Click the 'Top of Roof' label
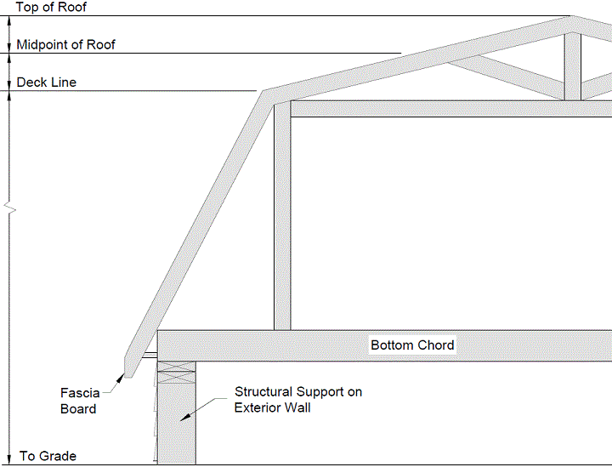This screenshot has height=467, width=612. coord(51,7)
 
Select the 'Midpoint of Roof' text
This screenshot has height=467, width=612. coord(65,44)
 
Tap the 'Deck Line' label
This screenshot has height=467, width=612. coord(47,83)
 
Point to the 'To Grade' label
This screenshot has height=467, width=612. coord(48,456)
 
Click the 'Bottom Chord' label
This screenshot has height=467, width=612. coord(412,345)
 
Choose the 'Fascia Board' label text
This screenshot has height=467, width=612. coord(80,401)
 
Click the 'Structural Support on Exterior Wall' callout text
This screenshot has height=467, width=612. coord(298,400)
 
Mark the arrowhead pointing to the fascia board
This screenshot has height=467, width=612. coord(120,378)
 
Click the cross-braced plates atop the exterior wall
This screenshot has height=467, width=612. coord(177,372)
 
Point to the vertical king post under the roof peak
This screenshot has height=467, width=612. coord(573,66)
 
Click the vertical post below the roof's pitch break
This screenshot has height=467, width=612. coord(282,217)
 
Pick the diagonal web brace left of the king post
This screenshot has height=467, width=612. coord(506,76)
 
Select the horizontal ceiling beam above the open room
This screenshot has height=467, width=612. coord(451,109)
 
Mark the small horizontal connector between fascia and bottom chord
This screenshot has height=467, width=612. coord(150,355)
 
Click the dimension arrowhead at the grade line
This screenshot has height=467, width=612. coord(9,460)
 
